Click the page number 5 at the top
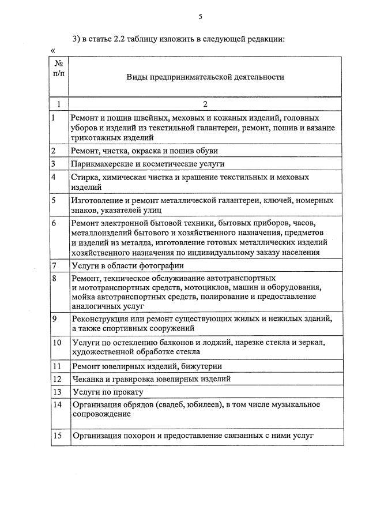200,17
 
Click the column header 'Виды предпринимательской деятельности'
205,76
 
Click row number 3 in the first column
53,164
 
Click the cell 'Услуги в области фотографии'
127,266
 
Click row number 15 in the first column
57,436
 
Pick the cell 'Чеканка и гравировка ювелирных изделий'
150,379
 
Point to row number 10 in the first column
57,343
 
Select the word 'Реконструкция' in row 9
99,318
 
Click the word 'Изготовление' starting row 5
96,200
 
